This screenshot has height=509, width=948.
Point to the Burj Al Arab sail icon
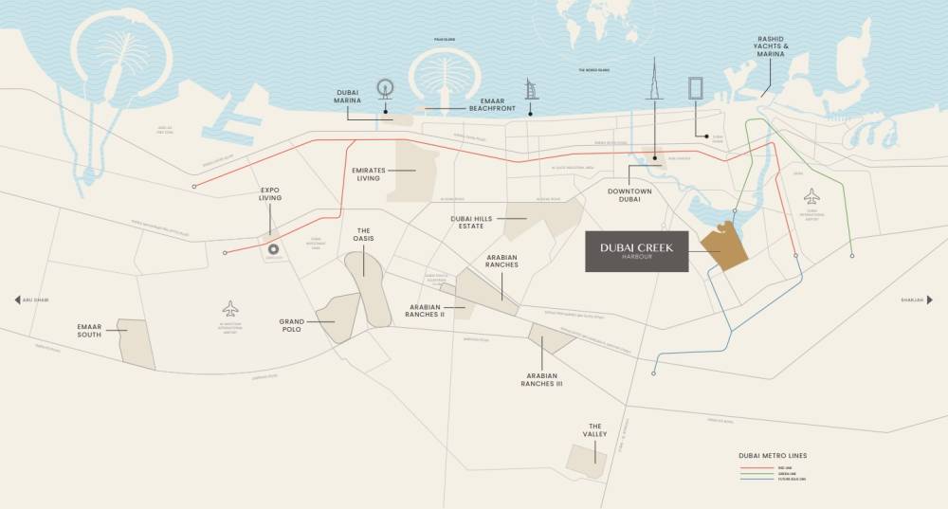tap(531, 91)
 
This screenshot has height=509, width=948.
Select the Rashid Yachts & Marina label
tap(771, 48)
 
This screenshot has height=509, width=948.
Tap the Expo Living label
tap(270, 195)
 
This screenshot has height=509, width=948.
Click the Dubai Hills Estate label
tap(472, 222)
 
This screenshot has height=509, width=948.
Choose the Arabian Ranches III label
tap(541, 380)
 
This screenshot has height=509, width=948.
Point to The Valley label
tap(595, 430)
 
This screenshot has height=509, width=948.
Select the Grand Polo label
tap(291, 326)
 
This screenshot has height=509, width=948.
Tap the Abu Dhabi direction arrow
tap(17, 300)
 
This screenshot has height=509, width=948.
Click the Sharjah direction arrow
tap(931, 300)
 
